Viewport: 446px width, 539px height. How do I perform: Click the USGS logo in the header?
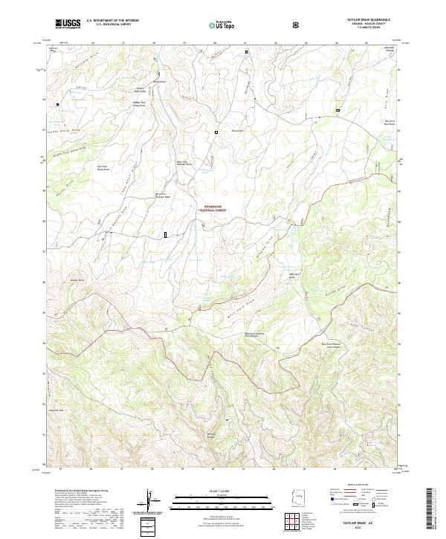click(68, 24)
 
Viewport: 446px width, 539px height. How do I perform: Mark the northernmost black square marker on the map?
click(247, 52)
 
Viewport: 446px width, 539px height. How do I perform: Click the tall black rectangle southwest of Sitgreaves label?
click(165, 235)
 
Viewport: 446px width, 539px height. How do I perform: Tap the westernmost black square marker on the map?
click(57, 105)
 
